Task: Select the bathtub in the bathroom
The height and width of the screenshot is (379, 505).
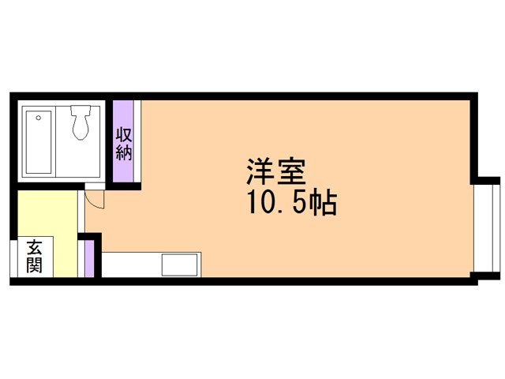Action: tap(39, 142)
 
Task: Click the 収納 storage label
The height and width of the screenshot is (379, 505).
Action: tap(124, 144)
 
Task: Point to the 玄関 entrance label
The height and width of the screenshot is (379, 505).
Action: tap(34, 257)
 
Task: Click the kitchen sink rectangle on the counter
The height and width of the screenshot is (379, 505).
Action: tap(181, 264)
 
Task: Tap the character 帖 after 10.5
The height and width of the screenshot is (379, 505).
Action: tap(324, 204)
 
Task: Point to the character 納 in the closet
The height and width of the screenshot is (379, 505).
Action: tap(124, 152)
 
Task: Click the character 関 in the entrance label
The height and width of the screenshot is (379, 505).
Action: tap(34, 265)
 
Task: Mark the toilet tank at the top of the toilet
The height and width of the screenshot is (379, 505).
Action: tap(80, 112)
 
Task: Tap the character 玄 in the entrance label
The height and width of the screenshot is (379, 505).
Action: tap(34, 247)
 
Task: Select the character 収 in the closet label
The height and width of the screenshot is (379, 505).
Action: tap(124, 134)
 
